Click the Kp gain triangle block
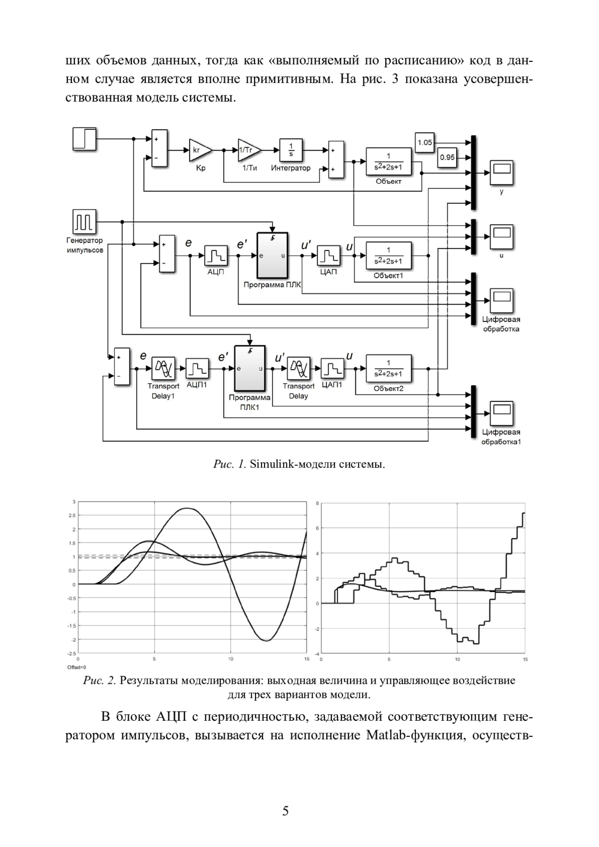[200, 150]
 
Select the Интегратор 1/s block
[291, 150]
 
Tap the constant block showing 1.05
[424, 143]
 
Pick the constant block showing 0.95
[447, 157]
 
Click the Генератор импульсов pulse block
[84, 222]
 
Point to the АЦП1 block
[197, 368]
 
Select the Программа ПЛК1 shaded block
[250, 368]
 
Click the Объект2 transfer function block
[388, 368]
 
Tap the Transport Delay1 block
[163, 368]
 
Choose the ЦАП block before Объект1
[328, 256]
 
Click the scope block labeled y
[502, 173]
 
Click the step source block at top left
[84, 139]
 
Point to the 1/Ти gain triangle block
[249, 150]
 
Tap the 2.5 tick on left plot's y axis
[72, 516]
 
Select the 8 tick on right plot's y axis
[317, 503]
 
